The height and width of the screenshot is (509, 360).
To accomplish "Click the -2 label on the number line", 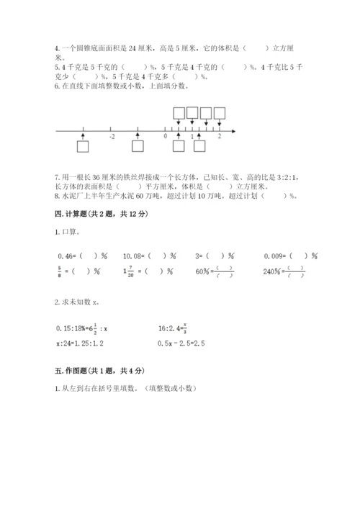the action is click(x=112, y=135).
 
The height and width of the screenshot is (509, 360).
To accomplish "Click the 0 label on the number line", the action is click(x=165, y=135).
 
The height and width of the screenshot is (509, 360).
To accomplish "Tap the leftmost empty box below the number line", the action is click(x=83, y=147).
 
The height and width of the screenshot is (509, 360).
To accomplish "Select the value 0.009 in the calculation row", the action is click(x=277, y=255).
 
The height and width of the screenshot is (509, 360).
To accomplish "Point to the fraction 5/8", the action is click(x=58, y=271).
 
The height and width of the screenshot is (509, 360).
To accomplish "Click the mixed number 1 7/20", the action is click(x=129, y=271).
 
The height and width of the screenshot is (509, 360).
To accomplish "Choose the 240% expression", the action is click(x=274, y=271).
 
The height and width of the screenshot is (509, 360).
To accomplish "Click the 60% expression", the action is click(x=204, y=271).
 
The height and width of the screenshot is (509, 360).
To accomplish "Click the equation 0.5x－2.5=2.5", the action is click(x=181, y=343).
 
